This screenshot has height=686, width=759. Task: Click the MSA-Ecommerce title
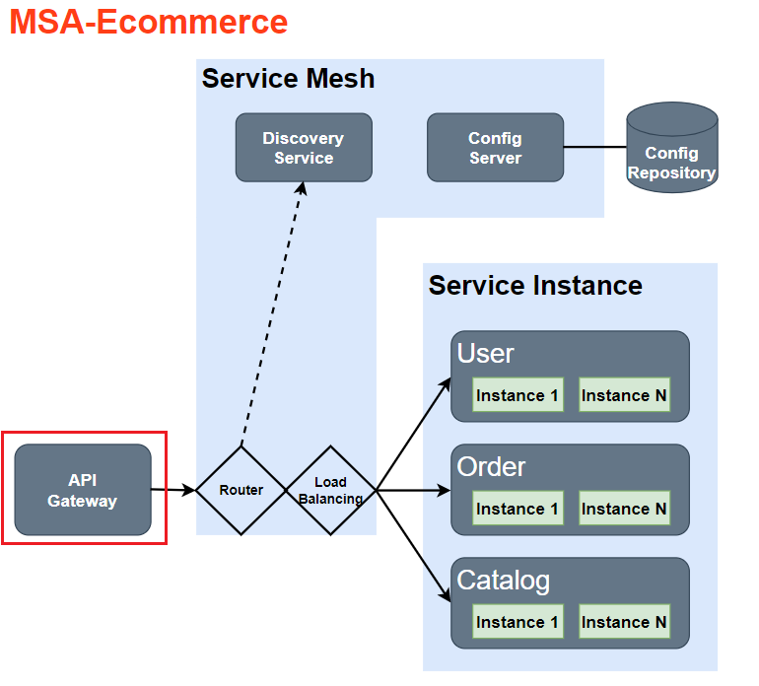pyautogui.click(x=149, y=22)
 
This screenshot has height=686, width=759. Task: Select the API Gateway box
pyautogui.click(x=83, y=490)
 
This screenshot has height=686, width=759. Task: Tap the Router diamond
pyautogui.click(x=241, y=490)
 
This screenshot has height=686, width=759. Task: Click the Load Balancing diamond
pyautogui.click(x=330, y=490)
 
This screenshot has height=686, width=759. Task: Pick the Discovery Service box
pyautogui.click(x=304, y=148)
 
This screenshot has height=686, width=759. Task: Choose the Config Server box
pyautogui.click(x=495, y=148)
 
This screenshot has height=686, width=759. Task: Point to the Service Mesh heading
pyautogui.click(x=288, y=79)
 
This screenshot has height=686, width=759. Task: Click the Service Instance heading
pyautogui.click(x=535, y=286)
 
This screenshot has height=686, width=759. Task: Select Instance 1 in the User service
pyautogui.click(x=517, y=395)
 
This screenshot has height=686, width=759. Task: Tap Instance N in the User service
pyautogui.click(x=624, y=395)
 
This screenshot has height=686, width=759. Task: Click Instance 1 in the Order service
pyautogui.click(x=517, y=509)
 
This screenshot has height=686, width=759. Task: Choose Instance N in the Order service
pyautogui.click(x=624, y=509)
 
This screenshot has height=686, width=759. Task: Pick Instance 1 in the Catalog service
pyautogui.click(x=517, y=622)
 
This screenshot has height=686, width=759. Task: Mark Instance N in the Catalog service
pyautogui.click(x=624, y=622)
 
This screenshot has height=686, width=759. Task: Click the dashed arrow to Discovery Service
pyautogui.click(x=271, y=315)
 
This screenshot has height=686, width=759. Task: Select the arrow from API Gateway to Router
pyautogui.click(x=173, y=489)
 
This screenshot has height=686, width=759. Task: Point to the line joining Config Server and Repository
pyautogui.click(x=595, y=147)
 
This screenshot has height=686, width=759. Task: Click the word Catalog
pyautogui.click(x=503, y=581)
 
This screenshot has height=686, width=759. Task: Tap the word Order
pyautogui.click(x=491, y=467)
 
